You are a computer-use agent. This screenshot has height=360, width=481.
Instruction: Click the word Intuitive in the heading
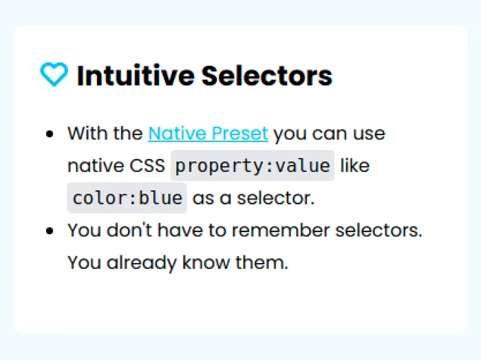[x=136, y=76]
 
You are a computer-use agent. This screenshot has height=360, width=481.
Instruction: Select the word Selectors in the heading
[x=267, y=76]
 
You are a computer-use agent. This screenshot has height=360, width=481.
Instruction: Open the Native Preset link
[x=208, y=134]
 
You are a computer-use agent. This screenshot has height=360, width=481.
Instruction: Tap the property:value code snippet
[x=253, y=166]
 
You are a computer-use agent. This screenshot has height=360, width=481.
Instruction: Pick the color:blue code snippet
[x=127, y=198]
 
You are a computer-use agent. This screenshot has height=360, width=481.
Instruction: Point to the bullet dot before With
[x=50, y=134]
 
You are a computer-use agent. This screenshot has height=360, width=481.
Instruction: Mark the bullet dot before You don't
[x=50, y=231]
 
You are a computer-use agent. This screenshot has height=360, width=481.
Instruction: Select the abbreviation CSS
[x=147, y=166]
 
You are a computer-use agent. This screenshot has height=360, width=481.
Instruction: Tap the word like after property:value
[x=355, y=166]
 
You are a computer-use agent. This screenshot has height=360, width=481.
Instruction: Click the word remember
[x=281, y=231]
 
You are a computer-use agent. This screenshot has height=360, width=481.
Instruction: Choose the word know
[x=206, y=262]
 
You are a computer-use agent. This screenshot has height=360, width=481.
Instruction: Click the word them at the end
[x=262, y=262]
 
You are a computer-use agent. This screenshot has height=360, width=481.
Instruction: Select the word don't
[x=129, y=231]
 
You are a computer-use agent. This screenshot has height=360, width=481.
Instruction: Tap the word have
[x=180, y=231]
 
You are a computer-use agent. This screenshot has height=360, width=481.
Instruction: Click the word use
[x=369, y=134]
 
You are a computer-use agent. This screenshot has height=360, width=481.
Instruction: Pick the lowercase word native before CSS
[x=95, y=166]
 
